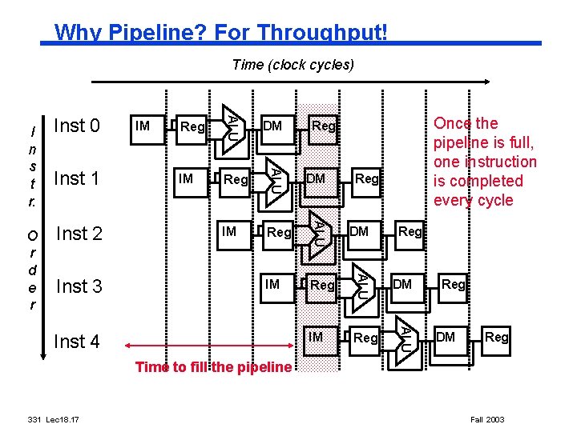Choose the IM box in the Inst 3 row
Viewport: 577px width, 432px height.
pos(272,285)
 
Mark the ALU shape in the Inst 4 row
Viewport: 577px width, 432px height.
pos(406,335)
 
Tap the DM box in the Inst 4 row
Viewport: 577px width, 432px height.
pos(446,338)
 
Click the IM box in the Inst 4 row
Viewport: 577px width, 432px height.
pos(316,338)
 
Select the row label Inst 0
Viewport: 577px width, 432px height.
pos(76,126)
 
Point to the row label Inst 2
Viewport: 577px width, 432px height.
pos(79,234)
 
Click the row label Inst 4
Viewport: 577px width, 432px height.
pos(76,342)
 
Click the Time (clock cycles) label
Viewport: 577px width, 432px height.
pos(293,65)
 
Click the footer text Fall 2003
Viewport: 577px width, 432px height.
pos(486,419)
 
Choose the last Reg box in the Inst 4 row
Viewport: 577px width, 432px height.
pos(496,338)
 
